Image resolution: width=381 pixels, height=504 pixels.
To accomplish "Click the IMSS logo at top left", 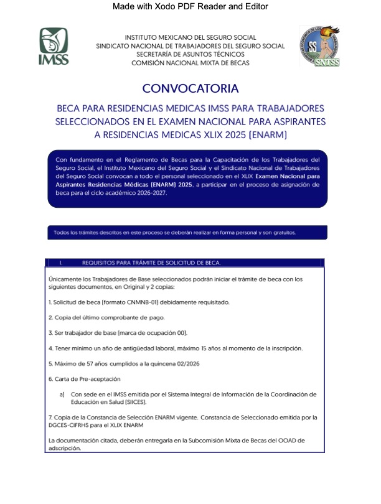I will tap(54, 46).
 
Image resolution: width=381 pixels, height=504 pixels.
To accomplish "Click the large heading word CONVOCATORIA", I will tap(190, 88).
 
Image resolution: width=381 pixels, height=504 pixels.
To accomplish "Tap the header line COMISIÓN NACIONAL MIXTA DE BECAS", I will tap(190, 63).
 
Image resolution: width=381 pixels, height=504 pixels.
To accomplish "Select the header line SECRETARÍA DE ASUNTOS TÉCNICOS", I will tap(190, 54).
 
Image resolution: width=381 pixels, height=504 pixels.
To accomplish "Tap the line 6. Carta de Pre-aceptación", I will tap(84, 378).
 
